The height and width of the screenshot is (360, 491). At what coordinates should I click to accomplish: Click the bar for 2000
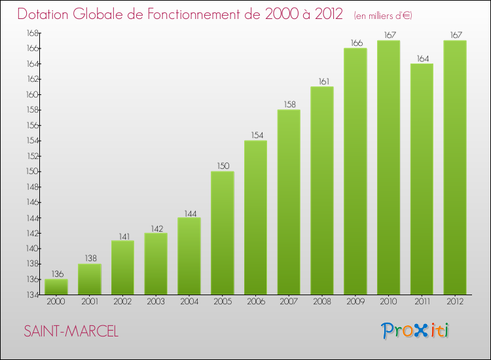pyautogui.click(x=56, y=287)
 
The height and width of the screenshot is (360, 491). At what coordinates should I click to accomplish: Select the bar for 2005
pyautogui.click(x=223, y=232)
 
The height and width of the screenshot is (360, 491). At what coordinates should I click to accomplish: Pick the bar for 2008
pyautogui.click(x=322, y=190)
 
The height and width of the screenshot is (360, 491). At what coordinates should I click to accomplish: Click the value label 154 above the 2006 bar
pyautogui.click(x=256, y=135)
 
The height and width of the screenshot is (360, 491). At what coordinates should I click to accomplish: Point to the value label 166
pyautogui.click(x=355, y=43)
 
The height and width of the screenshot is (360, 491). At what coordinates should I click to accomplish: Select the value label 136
pyautogui.click(x=56, y=274)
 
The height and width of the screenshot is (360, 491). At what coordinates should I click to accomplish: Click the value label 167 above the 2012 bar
pyautogui.click(x=455, y=35)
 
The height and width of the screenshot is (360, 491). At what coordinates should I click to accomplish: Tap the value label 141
pyautogui.click(x=123, y=236)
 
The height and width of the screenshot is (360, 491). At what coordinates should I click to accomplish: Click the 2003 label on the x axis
pyautogui.click(x=156, y=302)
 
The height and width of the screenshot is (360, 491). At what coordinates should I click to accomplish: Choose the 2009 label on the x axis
pyautogui.click(x=355, y=302)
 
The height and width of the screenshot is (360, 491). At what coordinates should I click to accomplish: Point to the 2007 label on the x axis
pyautogui.click(x=289, y=302)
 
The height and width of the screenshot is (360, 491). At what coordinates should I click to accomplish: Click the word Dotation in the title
pyautogui.click(x=46, y=14)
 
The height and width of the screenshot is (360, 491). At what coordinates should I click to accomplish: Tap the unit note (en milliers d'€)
pyautogui.click(x=383, y=15)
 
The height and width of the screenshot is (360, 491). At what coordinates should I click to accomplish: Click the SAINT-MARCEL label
pyautogui.click(x=71, y=332)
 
